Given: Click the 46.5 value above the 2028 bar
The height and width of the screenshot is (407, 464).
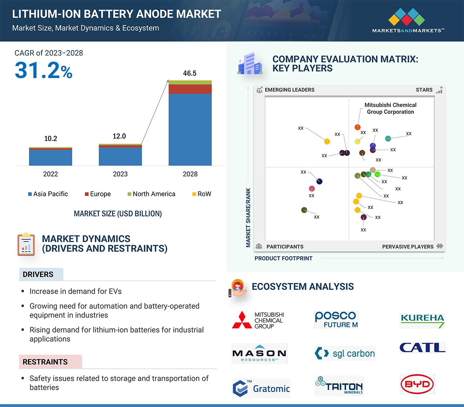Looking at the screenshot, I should coord(190,73).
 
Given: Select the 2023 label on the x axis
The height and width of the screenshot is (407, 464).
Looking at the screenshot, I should coord(120,174).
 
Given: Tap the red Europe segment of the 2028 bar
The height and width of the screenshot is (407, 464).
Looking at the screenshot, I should coord(190,89).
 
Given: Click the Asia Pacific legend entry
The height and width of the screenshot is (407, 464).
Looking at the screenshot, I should coord(48,194).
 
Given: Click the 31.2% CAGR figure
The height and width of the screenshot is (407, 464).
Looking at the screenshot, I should coord(44,70).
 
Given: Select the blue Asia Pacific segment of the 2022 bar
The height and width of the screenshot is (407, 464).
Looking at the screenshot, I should coord(50,157).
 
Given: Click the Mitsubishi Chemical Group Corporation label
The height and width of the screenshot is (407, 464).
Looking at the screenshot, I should coord(390,108).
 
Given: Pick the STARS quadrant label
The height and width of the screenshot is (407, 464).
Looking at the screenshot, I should coord(424,90).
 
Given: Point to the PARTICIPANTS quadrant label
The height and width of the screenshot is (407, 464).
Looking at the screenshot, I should coord(285,246).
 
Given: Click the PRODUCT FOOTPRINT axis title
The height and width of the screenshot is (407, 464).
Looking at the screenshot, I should coord(283,258).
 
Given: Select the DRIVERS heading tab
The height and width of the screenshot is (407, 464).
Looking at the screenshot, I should coord(38,275).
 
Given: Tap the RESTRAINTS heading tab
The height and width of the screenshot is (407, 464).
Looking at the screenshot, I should coord(45,362).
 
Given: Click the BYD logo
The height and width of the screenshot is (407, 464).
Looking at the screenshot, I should coord(417,384).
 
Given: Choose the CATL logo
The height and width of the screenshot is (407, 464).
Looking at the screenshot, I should coord(422,347).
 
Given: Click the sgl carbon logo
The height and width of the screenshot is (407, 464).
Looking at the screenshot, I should coord(345,353).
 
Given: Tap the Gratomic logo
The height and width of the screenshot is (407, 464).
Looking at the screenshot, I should coord(261,388).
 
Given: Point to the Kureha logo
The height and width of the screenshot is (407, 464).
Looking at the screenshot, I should coord(422,320).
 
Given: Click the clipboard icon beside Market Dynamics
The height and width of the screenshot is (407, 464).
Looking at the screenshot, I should coord(26,244).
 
